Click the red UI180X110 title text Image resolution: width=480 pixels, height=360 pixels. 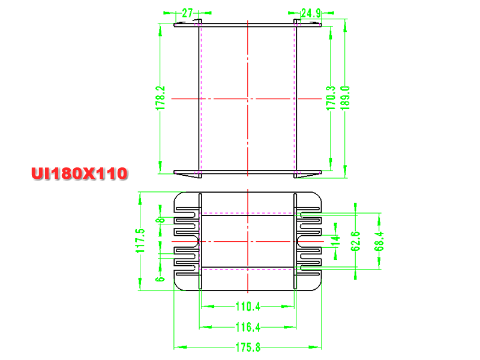pyautogui.click(x=79, y=173)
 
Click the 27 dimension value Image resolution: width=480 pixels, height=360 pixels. pyautogui.click(x=187, y=13)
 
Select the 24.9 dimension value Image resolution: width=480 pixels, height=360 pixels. pyautogui.click(x=311, y=13)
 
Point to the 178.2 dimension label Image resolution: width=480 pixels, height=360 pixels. pyautogui.click(x=160, y=98)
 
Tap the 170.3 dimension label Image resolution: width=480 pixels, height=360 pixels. pyautogui.click(x=331, y=98)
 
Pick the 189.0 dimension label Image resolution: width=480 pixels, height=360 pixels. pyautogui.click(x=345, y=98)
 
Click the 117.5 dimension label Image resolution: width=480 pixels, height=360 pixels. pyautogui.click(x=140, y=241)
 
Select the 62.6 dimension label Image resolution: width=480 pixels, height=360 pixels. pyautogui.click(x=355, y=241)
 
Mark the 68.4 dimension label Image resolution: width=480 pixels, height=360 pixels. pyautogui.click(x=379, y=241)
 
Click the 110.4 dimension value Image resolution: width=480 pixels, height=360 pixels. pyautogui.click(x=248, y=307)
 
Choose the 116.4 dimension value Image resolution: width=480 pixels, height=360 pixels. pyautogui.click(x=248, y=327)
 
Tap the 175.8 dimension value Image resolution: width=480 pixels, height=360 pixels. pyautogui.click(x=248, y=347)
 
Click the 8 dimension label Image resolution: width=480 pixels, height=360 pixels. pyautogui.click(x=160, y=220)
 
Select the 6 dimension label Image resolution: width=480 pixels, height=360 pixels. pyautogui.click(x=160, y=279)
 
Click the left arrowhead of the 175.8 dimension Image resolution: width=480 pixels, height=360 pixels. pyautogui.click(x=181, y=347)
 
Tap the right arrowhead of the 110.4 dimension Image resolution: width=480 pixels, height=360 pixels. pyautogui.click(x=288, y=306)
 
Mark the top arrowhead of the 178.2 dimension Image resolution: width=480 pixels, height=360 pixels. pyautogui.click(x=160, y=30)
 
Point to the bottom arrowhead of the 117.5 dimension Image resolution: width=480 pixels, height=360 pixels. pyautogui.click(x=140, y=284)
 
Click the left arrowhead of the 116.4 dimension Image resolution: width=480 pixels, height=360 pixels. pyautogui.click(x=206, y=327)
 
